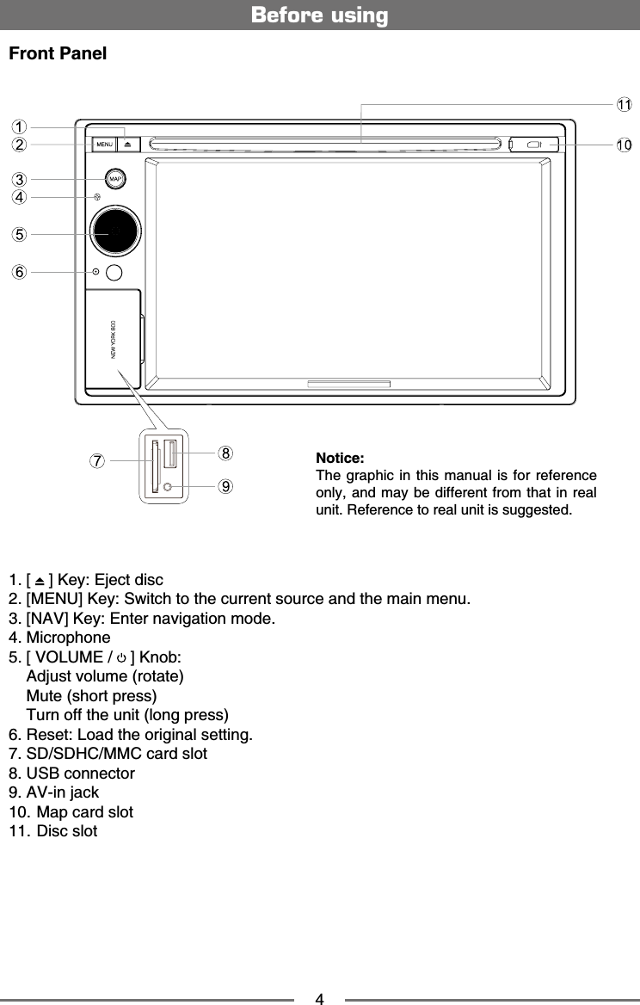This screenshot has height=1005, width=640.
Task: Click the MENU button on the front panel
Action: (105, 145)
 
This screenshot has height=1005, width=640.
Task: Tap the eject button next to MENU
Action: (127, 145)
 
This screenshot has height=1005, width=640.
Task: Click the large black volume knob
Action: (114, 231)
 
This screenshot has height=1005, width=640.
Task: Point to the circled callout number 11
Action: (624, 104)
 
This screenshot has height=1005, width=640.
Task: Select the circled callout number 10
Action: (624, 145)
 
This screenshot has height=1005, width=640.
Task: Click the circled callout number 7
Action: (99, 460)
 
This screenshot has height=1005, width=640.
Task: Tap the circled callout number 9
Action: (225, 486)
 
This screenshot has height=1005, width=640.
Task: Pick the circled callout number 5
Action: (19, 233)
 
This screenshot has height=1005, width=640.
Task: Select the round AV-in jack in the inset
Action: (168, 487)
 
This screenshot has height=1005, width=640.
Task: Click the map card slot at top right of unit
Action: (533, 145)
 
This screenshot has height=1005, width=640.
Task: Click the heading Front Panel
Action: (58, 54)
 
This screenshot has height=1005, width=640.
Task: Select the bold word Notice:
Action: (340, 457)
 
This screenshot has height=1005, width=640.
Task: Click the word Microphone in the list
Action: (69, 638)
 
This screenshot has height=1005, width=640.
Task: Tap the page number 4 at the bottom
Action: (319, 999)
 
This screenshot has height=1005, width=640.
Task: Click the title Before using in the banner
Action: (319, 15)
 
